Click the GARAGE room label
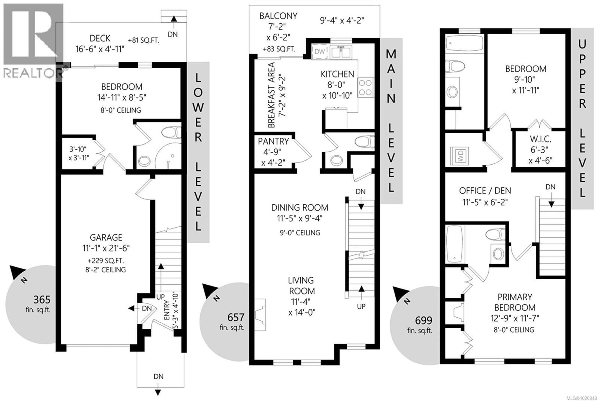point(106,237)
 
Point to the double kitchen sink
point(341,52)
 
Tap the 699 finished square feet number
point(424,320)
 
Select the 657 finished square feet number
point(236,317)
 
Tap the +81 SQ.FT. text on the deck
point(144,40)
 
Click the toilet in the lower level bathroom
point(171,133)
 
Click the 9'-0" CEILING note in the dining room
point(300,233)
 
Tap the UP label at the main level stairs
point(361,306)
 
